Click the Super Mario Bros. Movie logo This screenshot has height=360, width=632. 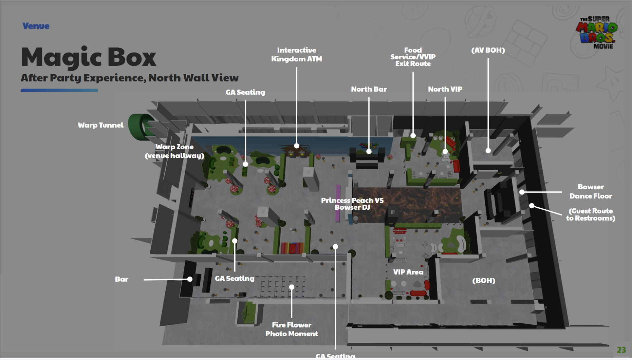click(x=596, y=33)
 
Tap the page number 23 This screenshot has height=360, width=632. click(x=621, y=350)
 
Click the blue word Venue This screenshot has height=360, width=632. click(x=36, y=26)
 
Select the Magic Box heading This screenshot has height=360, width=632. click(x=89, y=57)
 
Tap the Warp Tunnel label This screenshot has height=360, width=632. click(x=100, y=125)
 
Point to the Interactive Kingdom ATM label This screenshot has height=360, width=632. click(x=297, y=55)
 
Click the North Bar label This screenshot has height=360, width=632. click(x=369, y=89)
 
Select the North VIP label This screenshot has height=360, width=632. click(x=445, y=89)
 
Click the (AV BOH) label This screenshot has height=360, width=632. click(x=488, y=50)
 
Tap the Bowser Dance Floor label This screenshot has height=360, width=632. click(x=591, y=192)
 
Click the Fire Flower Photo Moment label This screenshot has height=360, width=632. click(x=292, y=329)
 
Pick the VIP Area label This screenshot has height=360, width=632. click(x=408, y=272)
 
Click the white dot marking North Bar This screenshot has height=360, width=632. click(x=369, y=151)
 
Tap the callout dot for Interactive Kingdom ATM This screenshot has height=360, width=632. click(x=297, y=146)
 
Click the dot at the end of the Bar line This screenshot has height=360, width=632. click(x=190, y=279)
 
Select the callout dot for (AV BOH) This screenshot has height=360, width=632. click(x=488, y=151)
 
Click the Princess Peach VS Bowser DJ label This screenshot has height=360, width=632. click(x=352, y=204)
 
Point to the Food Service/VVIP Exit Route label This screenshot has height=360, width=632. click(x=413, y=57)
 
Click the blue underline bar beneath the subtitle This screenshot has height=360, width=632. click(x=59, y=91)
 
